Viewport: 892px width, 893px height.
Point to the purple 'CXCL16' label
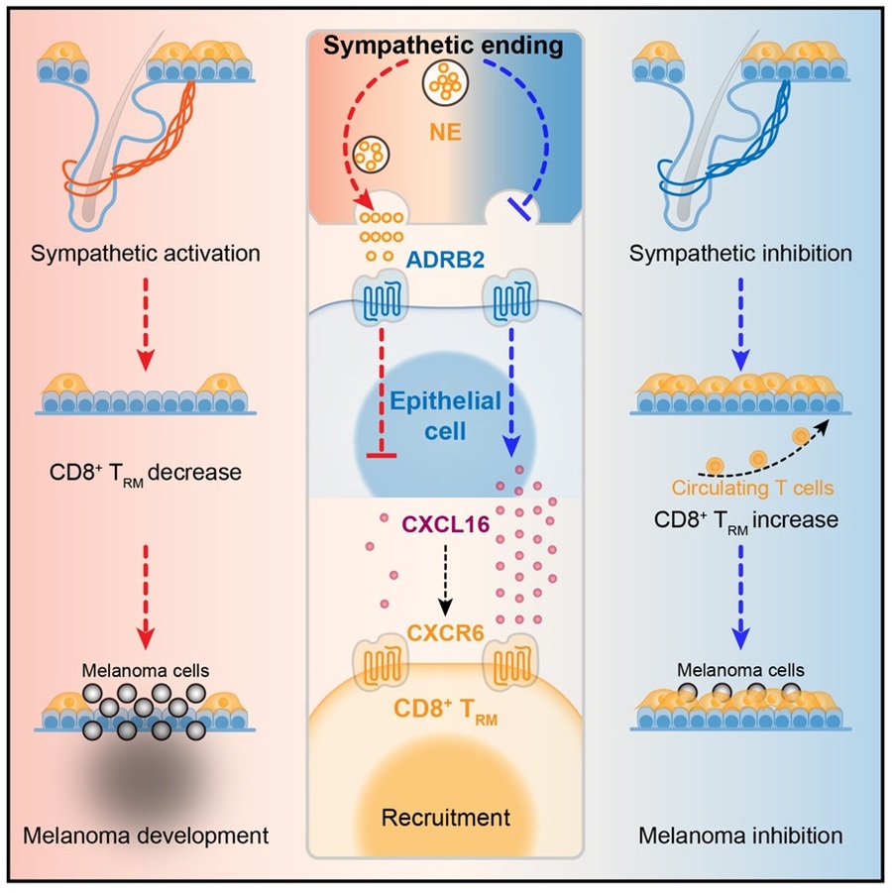[445, 522]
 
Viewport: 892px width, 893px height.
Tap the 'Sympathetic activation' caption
[145, 254]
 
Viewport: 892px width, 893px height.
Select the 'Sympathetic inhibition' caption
[740, 254]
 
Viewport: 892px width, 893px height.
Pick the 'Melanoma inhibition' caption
[741, 836]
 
